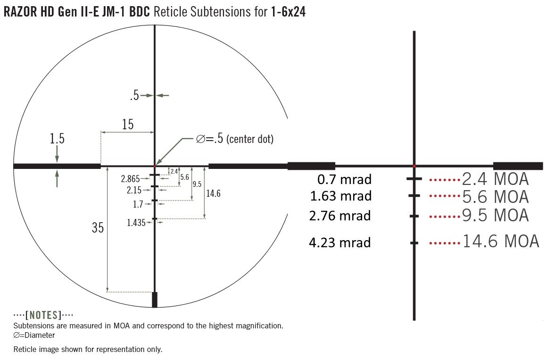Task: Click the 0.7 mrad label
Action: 344,179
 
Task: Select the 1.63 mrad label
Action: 341,196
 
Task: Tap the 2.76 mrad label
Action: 340,216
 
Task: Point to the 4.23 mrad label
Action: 340,243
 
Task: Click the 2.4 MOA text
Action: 496,179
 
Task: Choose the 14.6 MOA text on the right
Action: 501,241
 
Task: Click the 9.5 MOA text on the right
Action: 496,215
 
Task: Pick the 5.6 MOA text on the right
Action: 496,197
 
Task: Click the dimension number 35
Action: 98,228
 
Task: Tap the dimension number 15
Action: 128,124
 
